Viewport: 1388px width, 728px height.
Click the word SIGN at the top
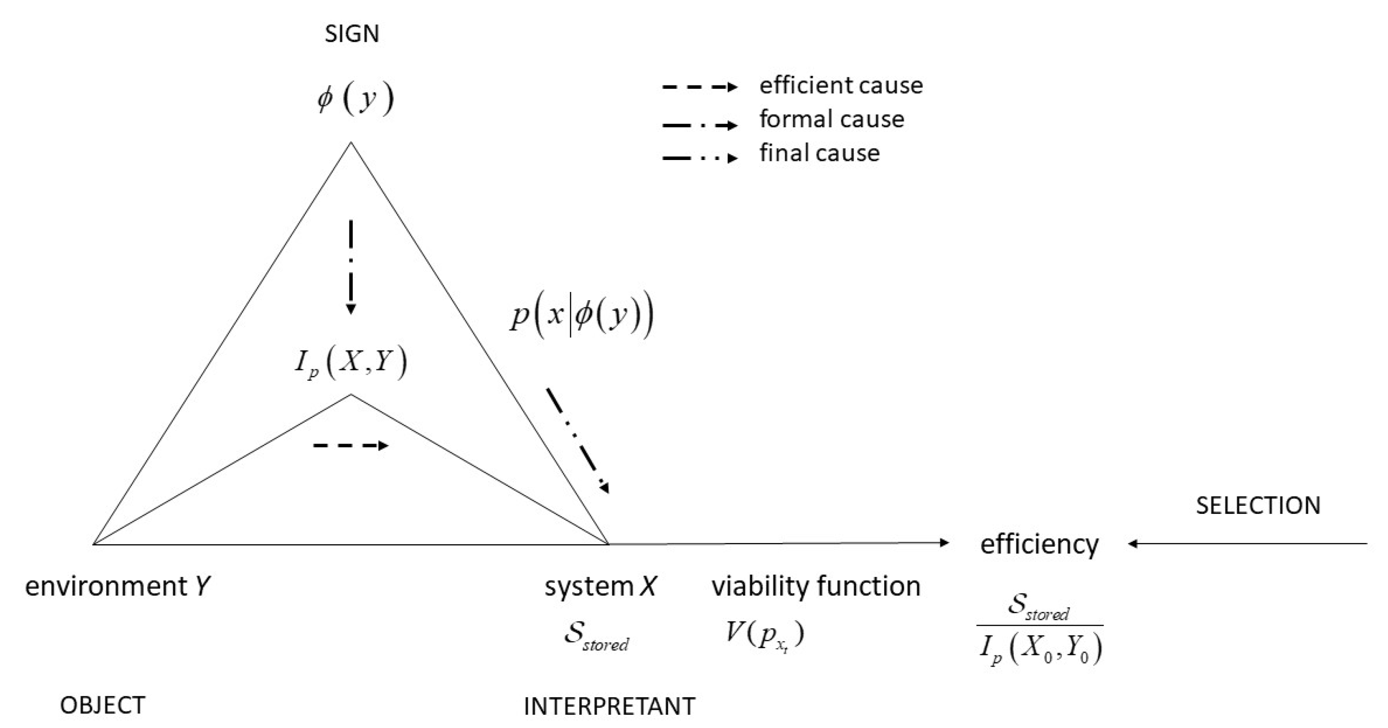[x=352, y=34]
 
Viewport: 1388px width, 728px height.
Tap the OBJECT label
[x=103, y=705]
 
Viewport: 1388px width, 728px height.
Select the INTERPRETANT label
[x=609, y=706]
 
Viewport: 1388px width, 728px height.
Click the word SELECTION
[x=1258, y=505]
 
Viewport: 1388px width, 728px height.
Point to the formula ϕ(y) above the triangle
[x=356, y=99]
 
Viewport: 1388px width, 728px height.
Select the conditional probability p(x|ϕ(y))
[x=582, y=316]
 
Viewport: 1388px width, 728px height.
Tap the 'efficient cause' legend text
[x=840, y=85]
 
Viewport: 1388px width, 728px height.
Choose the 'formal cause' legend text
[x=831, y=119]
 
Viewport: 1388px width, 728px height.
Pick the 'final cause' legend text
[x=820, y=153]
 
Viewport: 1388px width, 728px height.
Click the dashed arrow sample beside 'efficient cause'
[x=699, y=87]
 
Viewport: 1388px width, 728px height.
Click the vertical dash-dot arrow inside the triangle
[x=351, y=267]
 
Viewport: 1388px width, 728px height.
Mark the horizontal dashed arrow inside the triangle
[x=351, y=445]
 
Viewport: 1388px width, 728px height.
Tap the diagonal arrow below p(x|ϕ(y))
[x=577, y=440]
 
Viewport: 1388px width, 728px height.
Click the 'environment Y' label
[x=117, y=586]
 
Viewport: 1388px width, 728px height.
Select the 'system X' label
[x=600, y=586]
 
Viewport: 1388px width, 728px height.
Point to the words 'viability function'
[x=816, y=586]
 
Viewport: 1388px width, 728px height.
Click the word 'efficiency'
[x=1039, y=544]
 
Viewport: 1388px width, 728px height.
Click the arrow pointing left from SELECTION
[x=1247, y=544]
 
